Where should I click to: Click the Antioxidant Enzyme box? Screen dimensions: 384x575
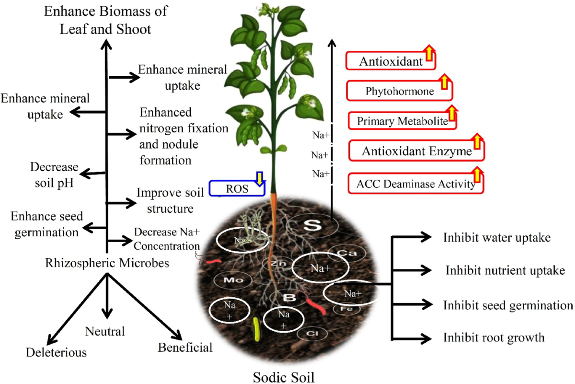tap(416, 151)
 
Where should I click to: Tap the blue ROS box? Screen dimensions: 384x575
tap(237, 188)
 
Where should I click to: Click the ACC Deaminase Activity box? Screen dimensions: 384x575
tap(415, 183)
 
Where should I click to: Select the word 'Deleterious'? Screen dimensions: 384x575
tap(57, 352)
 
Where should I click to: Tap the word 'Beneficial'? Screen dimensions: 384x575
tap(185, 347)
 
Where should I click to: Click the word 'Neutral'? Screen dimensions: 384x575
tap(105, 331)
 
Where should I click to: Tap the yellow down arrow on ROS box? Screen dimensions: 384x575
tap(260, 178)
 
